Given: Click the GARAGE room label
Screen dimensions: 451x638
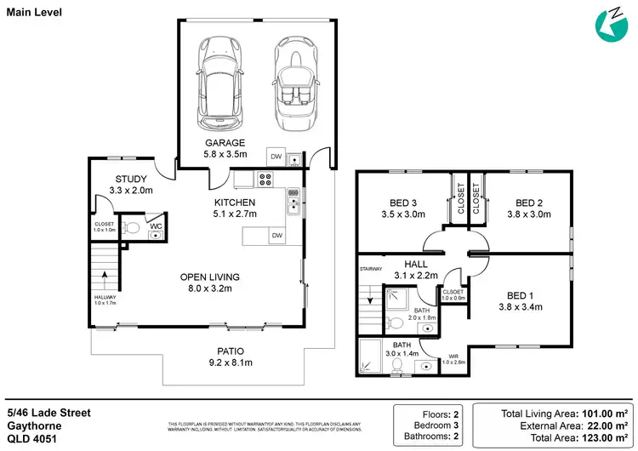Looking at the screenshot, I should [x=225, y=143].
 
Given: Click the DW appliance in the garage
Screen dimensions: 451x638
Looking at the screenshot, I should [x=276, y=157].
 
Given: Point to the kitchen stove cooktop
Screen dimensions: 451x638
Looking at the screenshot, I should [x=265, y=180].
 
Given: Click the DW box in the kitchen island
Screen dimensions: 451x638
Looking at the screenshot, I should [x=276, y=236].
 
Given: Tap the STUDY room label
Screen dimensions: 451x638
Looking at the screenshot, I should [x=133, y=179].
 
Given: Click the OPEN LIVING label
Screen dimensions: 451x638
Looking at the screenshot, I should [x=209, y=277].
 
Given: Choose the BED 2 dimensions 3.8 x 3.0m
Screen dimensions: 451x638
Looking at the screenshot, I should [x=528, y=214].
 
